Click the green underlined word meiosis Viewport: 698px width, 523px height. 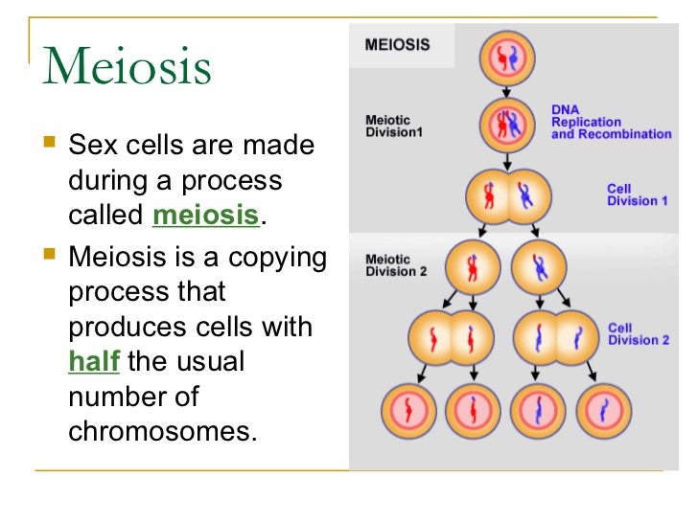coord(205,216)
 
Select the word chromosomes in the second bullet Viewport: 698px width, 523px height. coord(163,431)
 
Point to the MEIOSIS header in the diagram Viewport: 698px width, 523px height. coord(397,44)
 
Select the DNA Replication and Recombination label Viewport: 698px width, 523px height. coord(611,122)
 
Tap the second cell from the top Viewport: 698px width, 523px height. coord(503,126)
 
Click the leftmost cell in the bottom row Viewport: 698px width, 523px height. coord(410,411)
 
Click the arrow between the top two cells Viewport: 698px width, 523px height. coord(503,93)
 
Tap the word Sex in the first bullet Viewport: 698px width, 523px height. coord(94,147)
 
